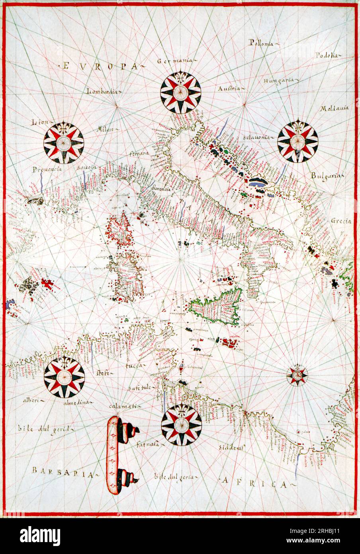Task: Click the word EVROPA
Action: pyautogui.click(x=100, y=66)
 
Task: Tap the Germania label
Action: pyautogui.click(x=174, y=61)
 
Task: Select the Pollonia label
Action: pyautogui.click(x=262, y=43)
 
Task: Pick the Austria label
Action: pyautogui.click(x=229, y=88)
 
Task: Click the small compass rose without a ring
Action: pyautogui.click(x=297, y=375)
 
